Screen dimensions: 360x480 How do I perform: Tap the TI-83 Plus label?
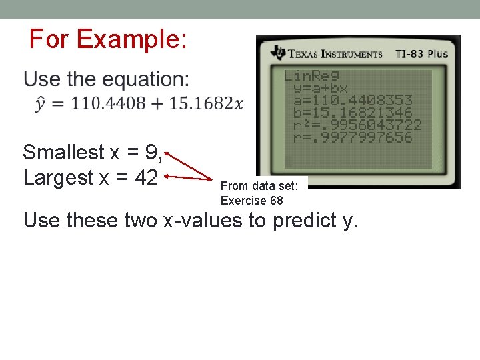[421, 54]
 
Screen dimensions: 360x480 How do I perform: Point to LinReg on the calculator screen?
[311, 76]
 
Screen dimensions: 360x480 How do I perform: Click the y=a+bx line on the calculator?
[321, 89]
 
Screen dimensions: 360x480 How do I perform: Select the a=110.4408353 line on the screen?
[353, 101]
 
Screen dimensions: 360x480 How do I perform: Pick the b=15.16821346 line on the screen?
[353, 113]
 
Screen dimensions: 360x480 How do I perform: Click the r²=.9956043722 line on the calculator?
[357, 125]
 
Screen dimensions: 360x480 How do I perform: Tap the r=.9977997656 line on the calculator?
[353, 137]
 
